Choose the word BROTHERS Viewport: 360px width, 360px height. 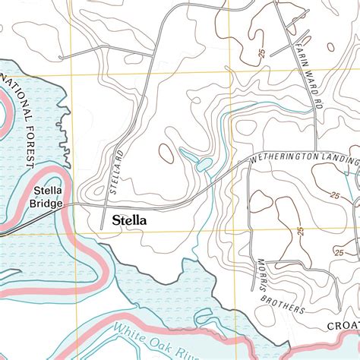(x=280, y=300)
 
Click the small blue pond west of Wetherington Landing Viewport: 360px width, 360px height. (x=204, y=164)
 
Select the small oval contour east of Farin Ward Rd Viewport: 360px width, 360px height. (x=330, y=47)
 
